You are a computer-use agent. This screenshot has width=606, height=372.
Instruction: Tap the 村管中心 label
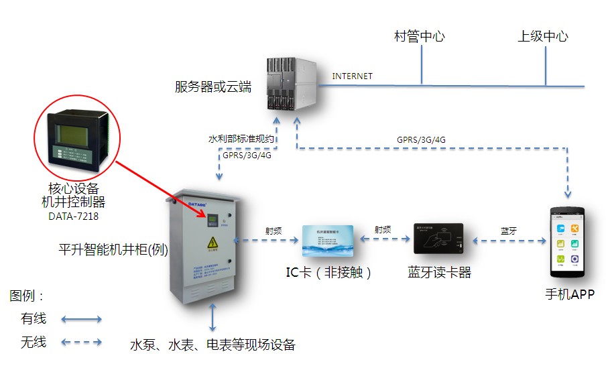[419, 36]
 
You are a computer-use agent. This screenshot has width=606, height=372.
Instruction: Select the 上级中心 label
[542, 36]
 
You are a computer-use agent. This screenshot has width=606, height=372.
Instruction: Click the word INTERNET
[352, 76]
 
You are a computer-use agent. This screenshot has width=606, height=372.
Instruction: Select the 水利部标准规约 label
[242, 139]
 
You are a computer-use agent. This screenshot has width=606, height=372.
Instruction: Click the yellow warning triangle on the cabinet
[213, 243]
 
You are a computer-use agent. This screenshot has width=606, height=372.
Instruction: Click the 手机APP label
[568, 295]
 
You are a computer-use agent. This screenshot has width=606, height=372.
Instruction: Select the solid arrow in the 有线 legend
[81, 319]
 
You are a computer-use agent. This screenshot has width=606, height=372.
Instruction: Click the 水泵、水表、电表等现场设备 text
[213, 345]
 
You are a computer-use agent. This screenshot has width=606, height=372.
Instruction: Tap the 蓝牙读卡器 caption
[439, 273]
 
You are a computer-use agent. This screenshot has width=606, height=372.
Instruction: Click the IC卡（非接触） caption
[328, 273]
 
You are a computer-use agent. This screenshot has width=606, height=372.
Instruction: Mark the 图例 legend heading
[27, 296]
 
